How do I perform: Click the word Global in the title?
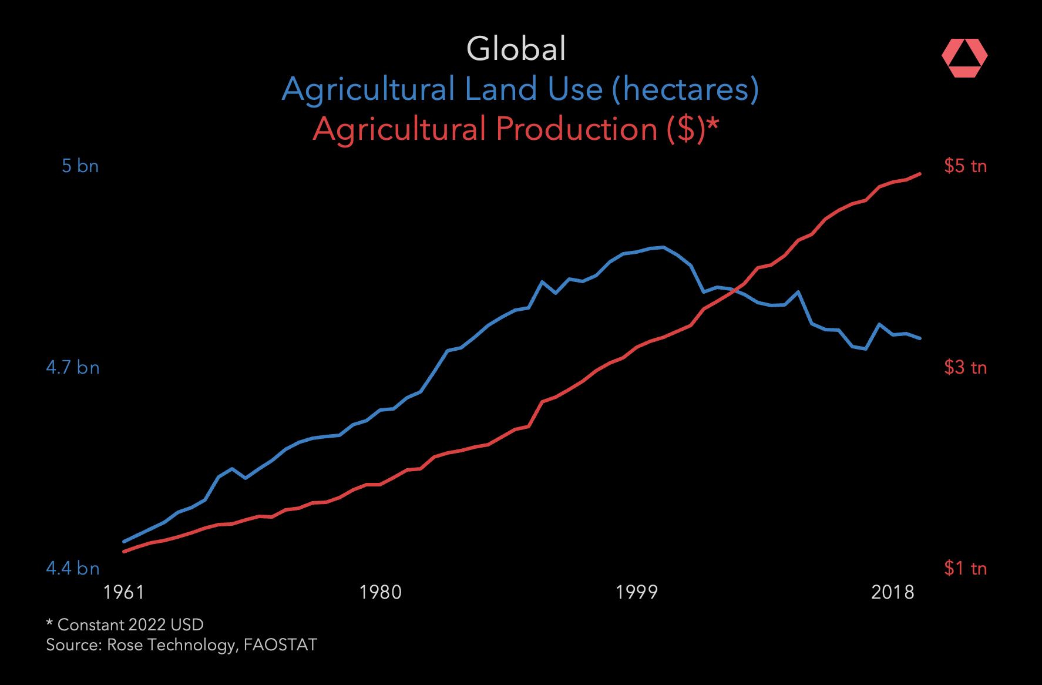pos(516,49)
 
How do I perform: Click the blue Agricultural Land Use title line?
pos(520,89)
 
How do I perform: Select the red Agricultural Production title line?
pos(516,129)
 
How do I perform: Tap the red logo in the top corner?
pos(964,58)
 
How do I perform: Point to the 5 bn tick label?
pos(80,166)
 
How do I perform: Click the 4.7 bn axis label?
pos(73,368)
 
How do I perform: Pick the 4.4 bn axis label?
pos(73,569)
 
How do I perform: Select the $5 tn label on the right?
pos(965,166)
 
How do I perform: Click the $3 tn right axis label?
pos(965,368)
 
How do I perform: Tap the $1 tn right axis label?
pos(965,569)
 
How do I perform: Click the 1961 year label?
pos(123,592)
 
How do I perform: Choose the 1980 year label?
pos(380,592)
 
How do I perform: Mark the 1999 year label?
pos(636,592)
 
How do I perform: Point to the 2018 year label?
pos(892,592)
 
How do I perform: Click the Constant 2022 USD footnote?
pos(125,624)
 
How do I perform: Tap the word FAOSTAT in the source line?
pos(280,645)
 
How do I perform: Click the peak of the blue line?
pos(663,247)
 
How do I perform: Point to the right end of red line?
pos(919,174)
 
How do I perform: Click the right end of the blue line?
pos(919,338)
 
